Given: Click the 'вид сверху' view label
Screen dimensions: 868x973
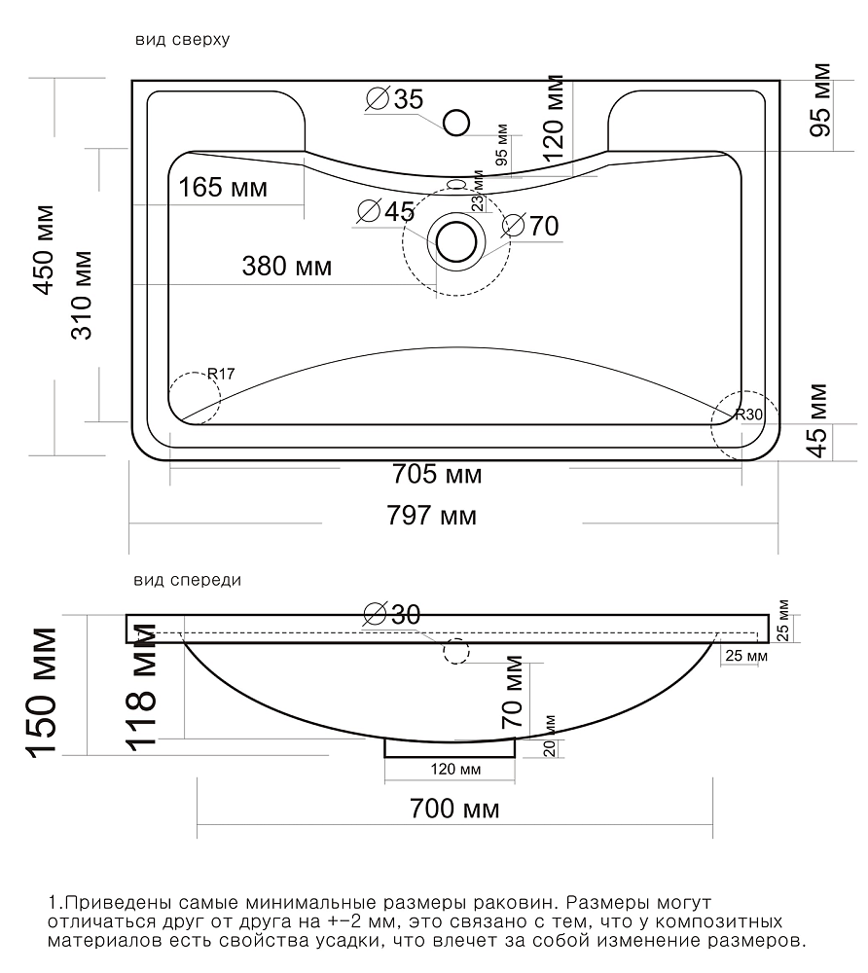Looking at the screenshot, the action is (182, 40).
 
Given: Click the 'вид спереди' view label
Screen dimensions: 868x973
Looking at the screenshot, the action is (188, 580).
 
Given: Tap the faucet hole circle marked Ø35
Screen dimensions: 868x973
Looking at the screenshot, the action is (456, 123).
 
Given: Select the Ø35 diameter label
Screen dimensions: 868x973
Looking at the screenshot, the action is (395, 99).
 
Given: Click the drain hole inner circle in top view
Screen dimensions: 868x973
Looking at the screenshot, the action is (456, 241).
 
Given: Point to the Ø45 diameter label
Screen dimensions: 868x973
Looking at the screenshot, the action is (386, 211).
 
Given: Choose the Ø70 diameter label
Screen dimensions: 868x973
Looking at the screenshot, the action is (530, 226).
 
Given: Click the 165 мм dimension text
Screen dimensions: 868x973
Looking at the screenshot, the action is (223, 187).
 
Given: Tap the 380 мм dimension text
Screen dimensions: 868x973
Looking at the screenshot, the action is (287, 267).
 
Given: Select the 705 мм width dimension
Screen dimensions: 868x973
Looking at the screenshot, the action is (437, 475).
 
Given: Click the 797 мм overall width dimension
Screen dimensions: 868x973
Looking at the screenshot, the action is (432, 516).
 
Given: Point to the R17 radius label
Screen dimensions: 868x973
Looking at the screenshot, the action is (221, 374).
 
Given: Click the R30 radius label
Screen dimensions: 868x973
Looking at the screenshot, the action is (749, 414).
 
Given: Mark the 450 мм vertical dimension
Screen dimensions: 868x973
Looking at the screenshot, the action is (44, 249).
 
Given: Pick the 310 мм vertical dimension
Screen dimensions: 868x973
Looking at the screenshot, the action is (82, 295).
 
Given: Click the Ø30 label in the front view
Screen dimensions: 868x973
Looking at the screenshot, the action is (393, 614).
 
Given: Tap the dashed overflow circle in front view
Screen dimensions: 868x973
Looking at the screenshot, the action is (456, 651).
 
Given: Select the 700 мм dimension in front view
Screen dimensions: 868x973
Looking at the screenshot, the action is (454, 810).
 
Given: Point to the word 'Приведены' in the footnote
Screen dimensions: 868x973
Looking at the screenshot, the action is (115, 903).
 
